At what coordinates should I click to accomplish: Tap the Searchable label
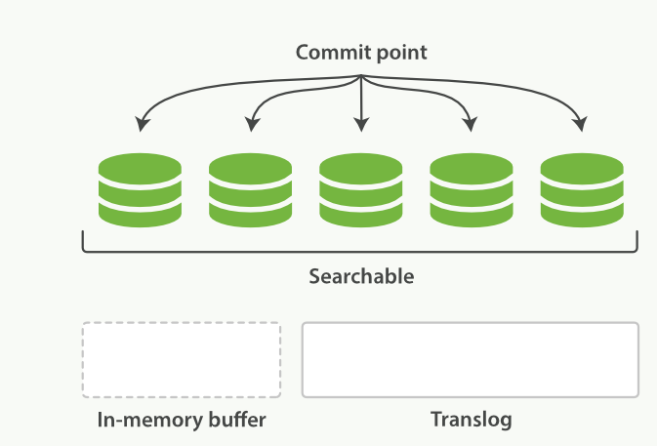(x=361, y=276)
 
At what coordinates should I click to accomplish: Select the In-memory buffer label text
(x=182, y=421)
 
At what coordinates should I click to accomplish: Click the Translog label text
(x=471, y=421)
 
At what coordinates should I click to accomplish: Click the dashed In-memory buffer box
(x=182, y=359)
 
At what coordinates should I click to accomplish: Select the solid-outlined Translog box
(x=471, y=359)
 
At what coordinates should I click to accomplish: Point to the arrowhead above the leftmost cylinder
(x=143, y=125)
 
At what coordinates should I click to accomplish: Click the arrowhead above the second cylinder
(x=252, y=125)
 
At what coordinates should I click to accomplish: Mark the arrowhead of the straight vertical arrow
(x=361, y=125)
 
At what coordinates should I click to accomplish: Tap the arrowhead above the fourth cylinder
(x=471, y=125)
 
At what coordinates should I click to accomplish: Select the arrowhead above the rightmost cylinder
(x=580, y=125)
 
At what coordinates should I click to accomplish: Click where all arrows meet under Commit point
(x=361, y=77)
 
